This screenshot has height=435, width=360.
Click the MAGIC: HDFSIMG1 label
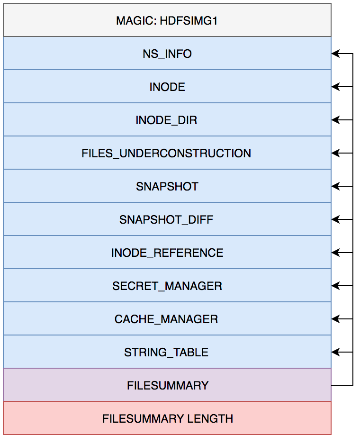pyautogui.click(x=167, y=21)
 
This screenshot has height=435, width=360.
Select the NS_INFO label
pyautogui.click(x=167, y=54)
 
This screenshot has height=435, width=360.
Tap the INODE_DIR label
pyautogui.click(x=166, y=120)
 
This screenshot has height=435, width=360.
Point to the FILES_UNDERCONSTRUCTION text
pyautogui.click(x=166, y=154)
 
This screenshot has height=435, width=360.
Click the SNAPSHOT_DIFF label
pyautogui.click(x=166, y=220)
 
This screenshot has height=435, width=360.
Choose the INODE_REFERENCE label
pyautogui.click(x=167, y=253)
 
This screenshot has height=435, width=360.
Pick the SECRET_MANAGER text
pyautogui.click(x=167, y=286)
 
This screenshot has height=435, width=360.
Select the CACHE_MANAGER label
pyautogui.click(x=166, y=319)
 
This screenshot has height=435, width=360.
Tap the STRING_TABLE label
pyautogui.click(x=166, y=353)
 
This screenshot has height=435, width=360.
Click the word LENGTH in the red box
pyautogui.click(x=210, y=418)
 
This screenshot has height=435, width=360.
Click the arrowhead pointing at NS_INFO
pyautogui.click(x=335, y=54)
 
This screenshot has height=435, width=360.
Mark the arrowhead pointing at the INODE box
pyautogui.click(x=335, y=87)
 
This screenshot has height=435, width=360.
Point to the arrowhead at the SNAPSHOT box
pyautogui.click(x=335, y=186)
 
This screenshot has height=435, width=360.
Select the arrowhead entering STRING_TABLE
pyautogui.click(x=335, y=352)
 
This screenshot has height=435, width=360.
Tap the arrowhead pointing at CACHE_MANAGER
pyautogui.click(x=335, y=319)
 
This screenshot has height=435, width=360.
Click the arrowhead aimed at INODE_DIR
pyautogui.click(x=335, y=120)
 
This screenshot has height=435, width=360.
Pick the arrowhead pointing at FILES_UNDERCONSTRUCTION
pyautogui.click(x=335, y=153)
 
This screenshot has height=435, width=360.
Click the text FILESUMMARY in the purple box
pyautogui.click(x=168, y=386)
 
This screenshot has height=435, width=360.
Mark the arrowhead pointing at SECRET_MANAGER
pyautogui.click(x=335, y=286)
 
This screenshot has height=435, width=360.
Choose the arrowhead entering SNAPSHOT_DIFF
pyautogui.click(x=335, y=219)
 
